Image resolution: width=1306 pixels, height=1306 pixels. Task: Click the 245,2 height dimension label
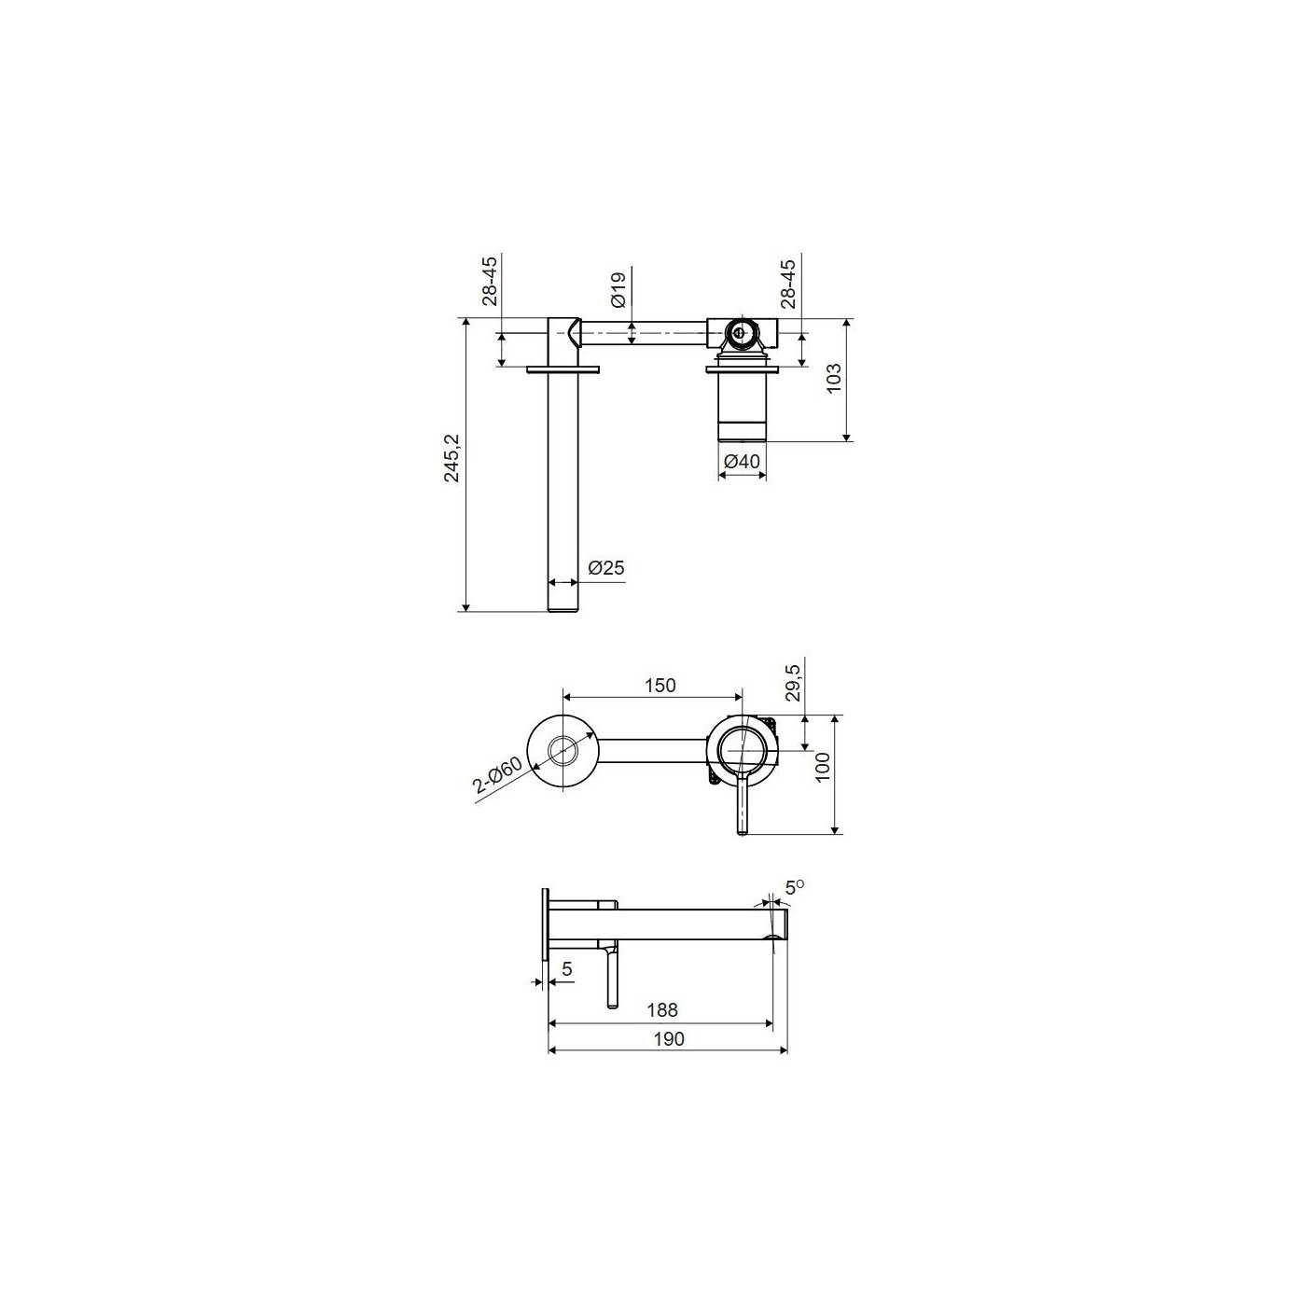coord(452,458)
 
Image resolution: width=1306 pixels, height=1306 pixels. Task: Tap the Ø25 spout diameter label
coord(606,567)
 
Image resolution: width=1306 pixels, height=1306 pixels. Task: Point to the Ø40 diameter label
coord(743,462)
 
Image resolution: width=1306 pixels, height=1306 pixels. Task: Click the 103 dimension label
coord(834,378)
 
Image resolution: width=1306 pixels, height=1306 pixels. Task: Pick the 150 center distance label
coord(660,686)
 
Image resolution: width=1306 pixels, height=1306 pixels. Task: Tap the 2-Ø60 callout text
coord(498,775)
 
